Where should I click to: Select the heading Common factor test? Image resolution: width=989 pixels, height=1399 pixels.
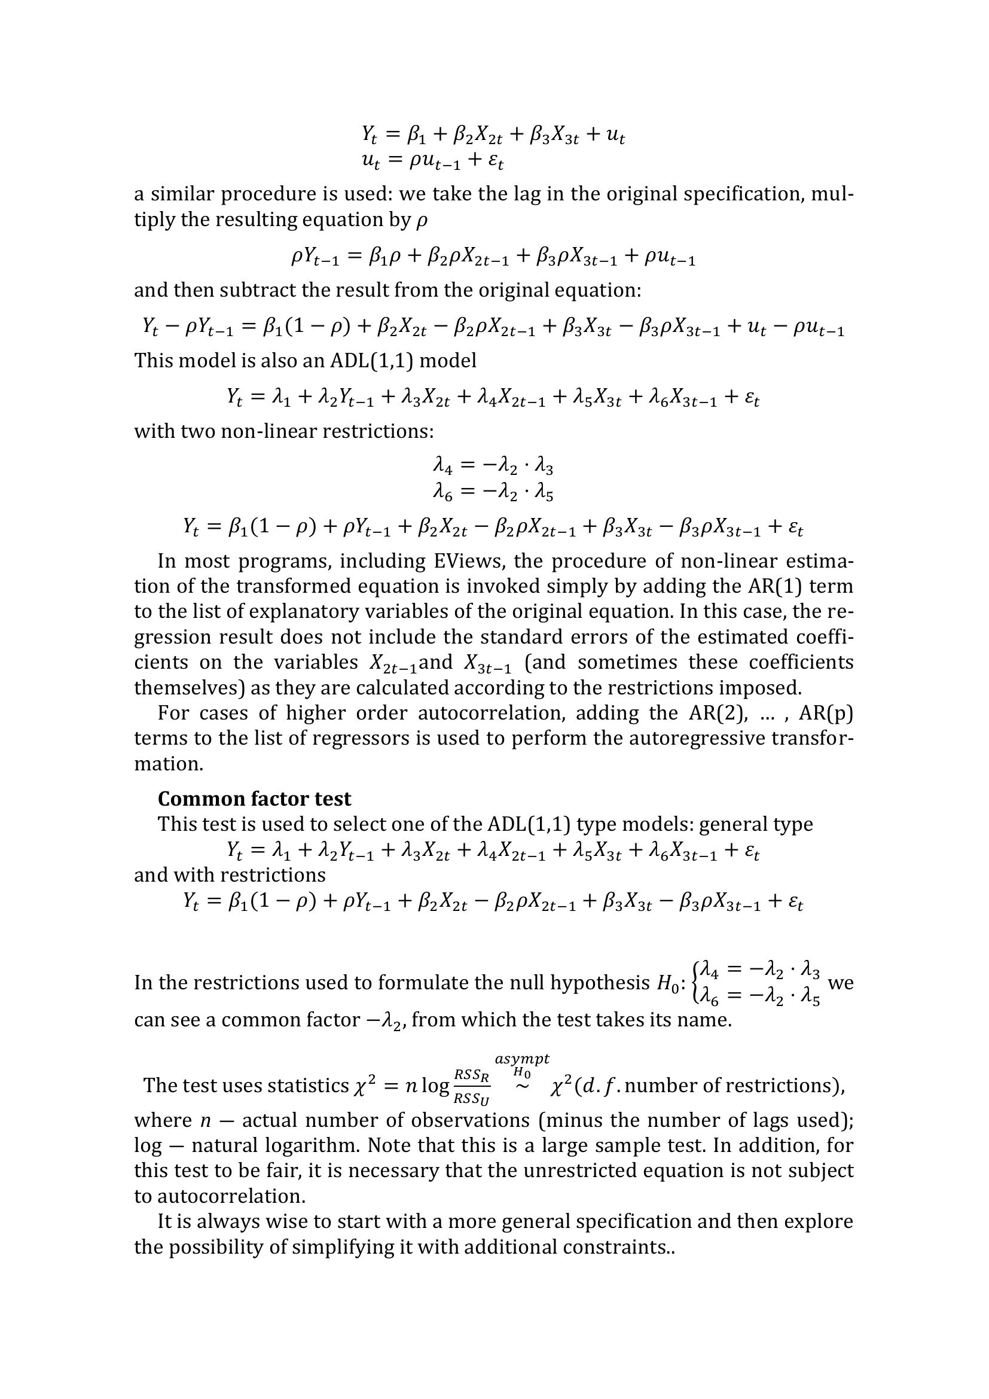tap(255, 798)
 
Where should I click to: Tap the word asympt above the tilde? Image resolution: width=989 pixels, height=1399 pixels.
tap(522, 1059)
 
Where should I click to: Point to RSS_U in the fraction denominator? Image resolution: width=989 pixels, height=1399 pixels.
tap(472, 1099)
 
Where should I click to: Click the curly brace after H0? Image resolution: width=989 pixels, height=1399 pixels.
tap(696, 983)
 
